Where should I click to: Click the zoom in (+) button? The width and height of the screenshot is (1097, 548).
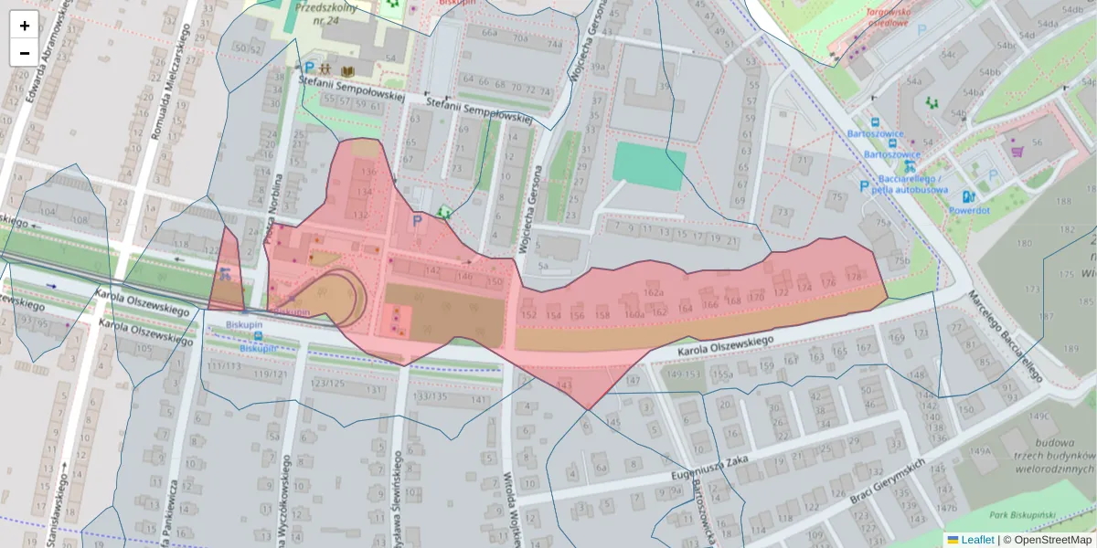pos(25,26)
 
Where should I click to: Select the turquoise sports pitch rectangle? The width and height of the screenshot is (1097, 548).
pos(648,166)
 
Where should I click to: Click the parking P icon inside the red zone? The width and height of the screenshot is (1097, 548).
pos(418,221)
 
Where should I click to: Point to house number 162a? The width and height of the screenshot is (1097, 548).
pos(652,292)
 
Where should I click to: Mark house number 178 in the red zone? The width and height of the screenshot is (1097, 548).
pos(854,277)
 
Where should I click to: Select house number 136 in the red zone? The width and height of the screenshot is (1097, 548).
pos(367,172)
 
